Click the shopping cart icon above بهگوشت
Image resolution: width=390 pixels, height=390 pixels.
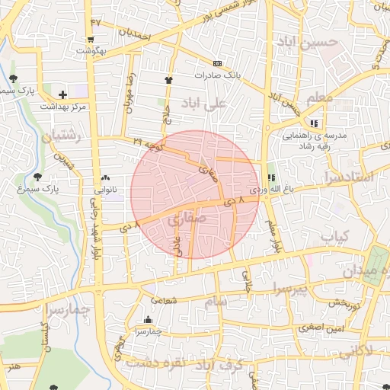pyautogui.click(x=91, y=40)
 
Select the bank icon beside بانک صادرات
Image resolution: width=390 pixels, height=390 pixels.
pyautogui.click(x=218, y=62)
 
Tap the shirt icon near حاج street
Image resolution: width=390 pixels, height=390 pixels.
pyautogui.click(x=168, y=79)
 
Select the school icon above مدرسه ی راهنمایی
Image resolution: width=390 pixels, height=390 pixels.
pyautogui.click(x=314, y=123)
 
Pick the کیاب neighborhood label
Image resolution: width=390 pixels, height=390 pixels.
pyautogui.click(x=334, y=238)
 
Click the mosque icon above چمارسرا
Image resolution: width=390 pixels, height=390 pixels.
pyautogui.click(x=148, y=320)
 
